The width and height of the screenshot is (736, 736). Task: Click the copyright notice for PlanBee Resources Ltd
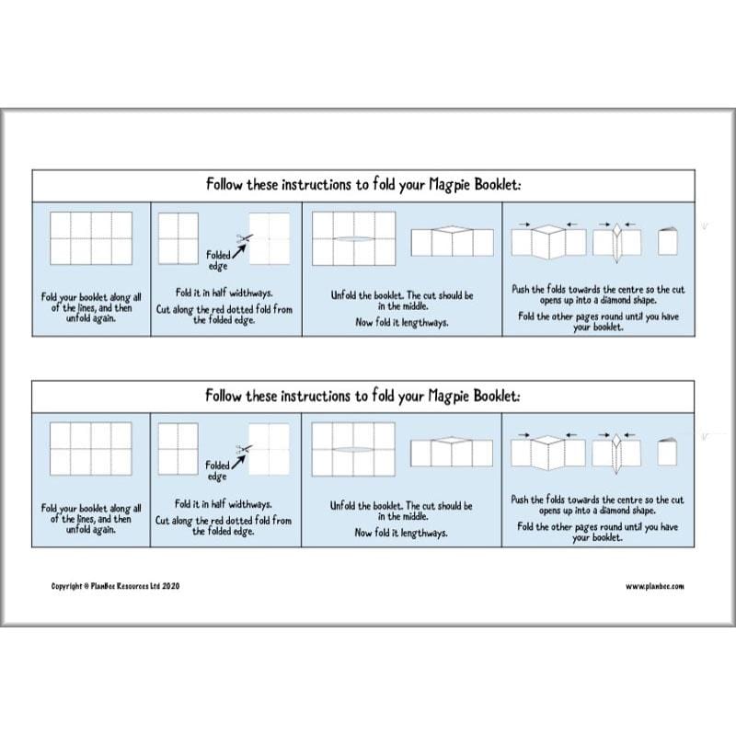point(115,586)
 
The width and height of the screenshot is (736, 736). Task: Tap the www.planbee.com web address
point(654,586)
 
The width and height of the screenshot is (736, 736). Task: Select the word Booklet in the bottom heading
point(496,397)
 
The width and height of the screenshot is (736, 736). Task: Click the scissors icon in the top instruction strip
point(243,239)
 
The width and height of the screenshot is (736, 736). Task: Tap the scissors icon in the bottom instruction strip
point(243,449)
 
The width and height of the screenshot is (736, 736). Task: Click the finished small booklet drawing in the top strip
point(668,241)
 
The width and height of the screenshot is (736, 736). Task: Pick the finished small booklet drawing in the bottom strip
point(668,452)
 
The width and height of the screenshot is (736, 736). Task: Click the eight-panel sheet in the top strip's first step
point(90,238)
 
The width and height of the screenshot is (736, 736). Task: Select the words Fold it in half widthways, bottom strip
point(224,504)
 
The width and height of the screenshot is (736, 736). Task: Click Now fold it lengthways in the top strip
point(401,322)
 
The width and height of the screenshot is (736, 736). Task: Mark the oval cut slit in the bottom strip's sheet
point(354,450)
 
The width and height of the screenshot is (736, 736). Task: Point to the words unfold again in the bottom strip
point(91,530)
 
